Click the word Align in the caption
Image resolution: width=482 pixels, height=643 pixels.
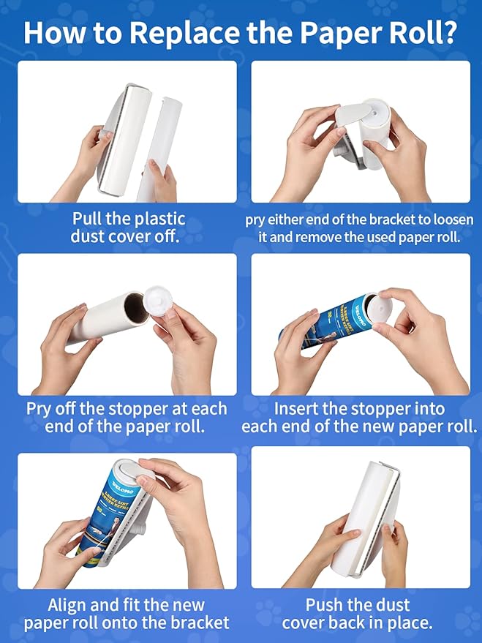point(72,605)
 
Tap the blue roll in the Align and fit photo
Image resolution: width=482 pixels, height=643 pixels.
point(106,512)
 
